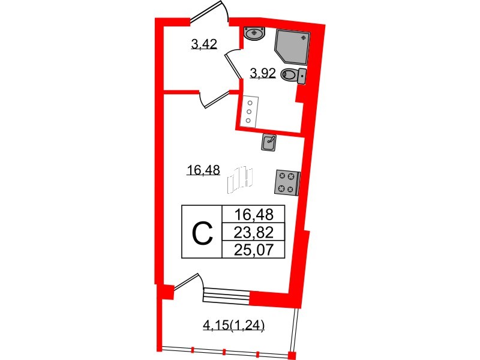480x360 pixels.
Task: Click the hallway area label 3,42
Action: pos(204,44)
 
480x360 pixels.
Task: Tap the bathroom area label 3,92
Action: pos(263,73)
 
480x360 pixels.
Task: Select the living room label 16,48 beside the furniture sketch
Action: pos(203,170)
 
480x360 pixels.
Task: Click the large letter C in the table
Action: pos(202,233)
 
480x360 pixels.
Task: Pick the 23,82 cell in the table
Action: pos(253,233)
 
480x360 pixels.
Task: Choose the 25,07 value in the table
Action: pos(253,250)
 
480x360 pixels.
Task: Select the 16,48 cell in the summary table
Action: pos(253,214)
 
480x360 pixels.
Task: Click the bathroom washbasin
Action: pos(254,33)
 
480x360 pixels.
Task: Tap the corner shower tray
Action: pos(292,47)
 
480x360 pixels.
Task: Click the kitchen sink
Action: pos(269,143)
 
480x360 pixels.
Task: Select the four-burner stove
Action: pos(287,182)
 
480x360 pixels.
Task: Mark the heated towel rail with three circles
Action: pos(250,112)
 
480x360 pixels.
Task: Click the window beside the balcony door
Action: pos(227,295)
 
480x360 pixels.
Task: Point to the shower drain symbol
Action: pos(304,38)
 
